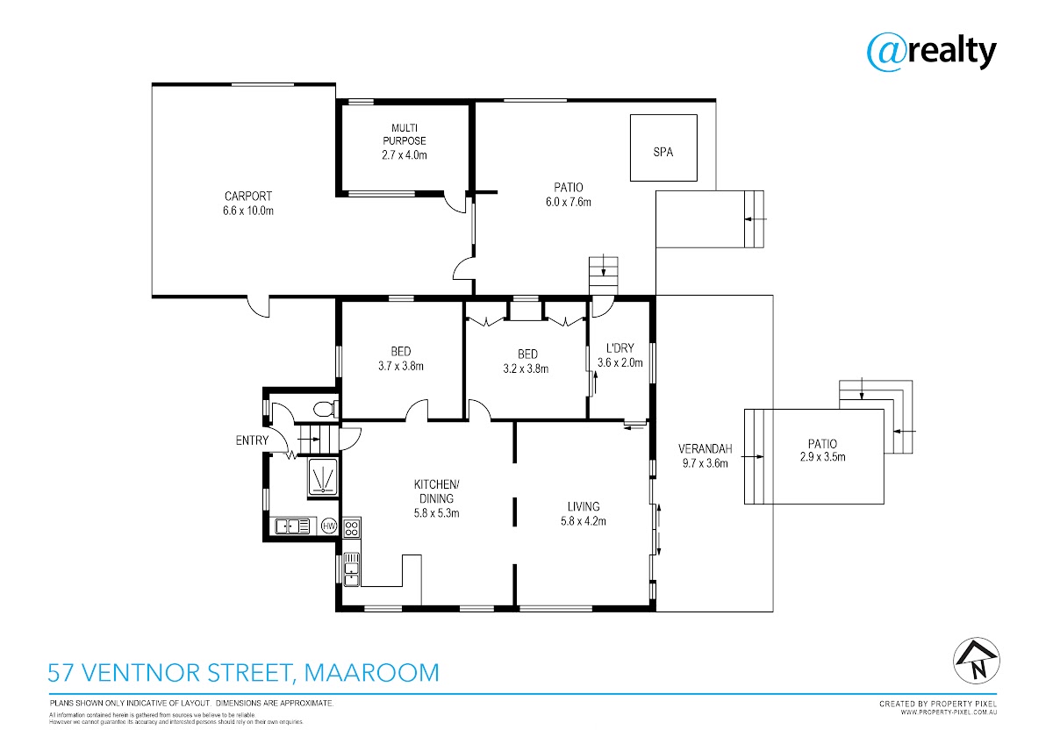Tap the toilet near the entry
[x=326, y=409]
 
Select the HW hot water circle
[x=328, y=526]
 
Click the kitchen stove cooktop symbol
[x=352, y=527]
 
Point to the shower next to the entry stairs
[x=323, y=477]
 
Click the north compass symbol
[x=977, y=661]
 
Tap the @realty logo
[x=931, y=52]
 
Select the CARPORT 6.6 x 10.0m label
[x=248, y=203]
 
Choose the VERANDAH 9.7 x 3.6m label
[x=706, y=456]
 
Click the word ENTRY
[x=252, y=440]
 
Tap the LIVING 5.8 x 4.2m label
[x=584, y=513]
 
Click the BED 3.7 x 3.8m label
[x=401, y=358]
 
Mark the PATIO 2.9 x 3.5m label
[x=823, y=450]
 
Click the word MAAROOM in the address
[x=372, y=672]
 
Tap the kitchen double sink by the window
[x=351, y=569]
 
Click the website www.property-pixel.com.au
[x=949, y=712]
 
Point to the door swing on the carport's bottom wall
[x=258, y=307]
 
